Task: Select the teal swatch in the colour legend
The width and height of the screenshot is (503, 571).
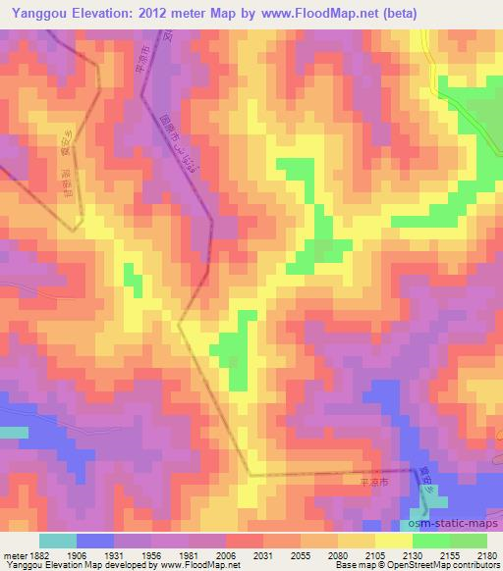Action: click(x=58, y=541)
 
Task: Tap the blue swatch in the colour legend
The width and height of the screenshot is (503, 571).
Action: click(x=95, y=541)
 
